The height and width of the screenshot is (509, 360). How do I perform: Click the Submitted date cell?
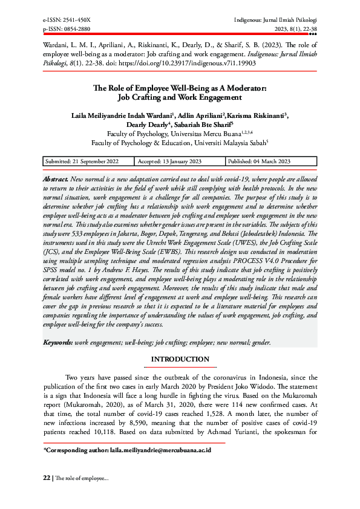click(81, 161)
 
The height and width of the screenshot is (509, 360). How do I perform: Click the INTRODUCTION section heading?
click(180, 360)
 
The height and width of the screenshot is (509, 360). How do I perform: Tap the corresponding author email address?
click(160, 450)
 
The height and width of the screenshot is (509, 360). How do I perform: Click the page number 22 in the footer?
click(46, 478)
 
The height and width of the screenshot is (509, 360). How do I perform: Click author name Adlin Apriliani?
click(200, 115)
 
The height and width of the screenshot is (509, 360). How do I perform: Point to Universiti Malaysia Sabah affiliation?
click(220, 144)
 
